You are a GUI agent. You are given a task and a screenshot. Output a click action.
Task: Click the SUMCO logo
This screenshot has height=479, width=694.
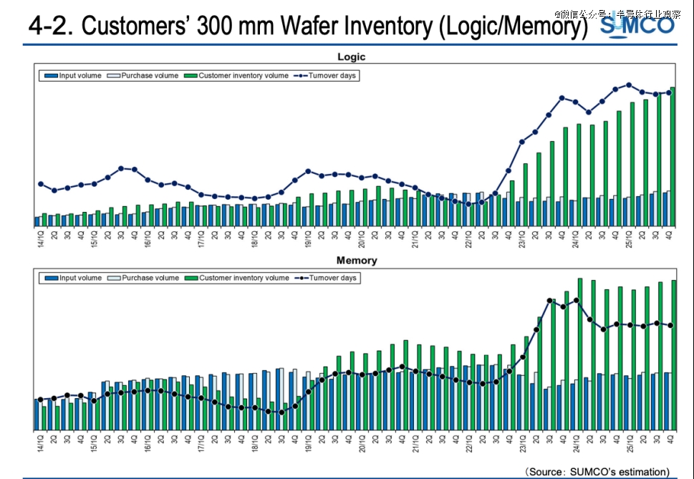(x=637, y=26)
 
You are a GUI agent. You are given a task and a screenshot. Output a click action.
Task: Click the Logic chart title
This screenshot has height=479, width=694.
(x=352, y=57)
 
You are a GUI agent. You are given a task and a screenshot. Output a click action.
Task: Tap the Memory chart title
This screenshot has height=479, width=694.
(x=356, y=261)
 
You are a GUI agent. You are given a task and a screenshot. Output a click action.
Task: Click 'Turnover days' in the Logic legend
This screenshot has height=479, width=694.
(x=332, y=75)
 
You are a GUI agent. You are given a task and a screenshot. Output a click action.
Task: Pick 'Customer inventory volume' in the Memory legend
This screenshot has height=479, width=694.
(x=244, y=278)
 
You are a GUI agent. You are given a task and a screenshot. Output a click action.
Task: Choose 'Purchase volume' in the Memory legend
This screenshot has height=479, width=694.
(x=150, y=278)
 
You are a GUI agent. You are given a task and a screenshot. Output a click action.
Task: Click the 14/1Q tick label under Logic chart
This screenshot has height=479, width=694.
(x=40, y=238)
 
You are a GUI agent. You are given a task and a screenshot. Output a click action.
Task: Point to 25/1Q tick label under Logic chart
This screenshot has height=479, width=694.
(x=630, y=238)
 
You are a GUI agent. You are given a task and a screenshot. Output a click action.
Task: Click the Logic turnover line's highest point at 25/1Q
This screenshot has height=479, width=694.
(x=629, y=84)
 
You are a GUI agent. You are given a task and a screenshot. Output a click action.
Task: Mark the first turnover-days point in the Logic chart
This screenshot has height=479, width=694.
(x=40, y=184)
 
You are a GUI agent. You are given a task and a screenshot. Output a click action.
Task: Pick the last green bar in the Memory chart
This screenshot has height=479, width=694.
(x=673, y=354)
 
